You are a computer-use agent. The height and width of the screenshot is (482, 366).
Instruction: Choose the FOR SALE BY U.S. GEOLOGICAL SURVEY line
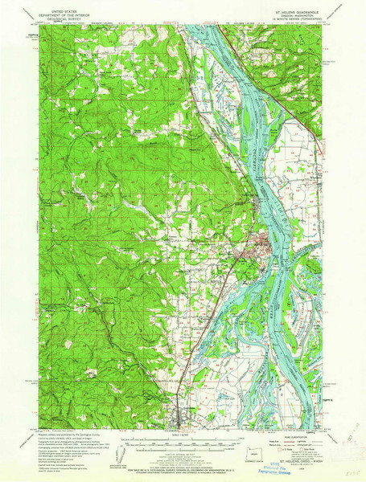click(183, 464)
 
